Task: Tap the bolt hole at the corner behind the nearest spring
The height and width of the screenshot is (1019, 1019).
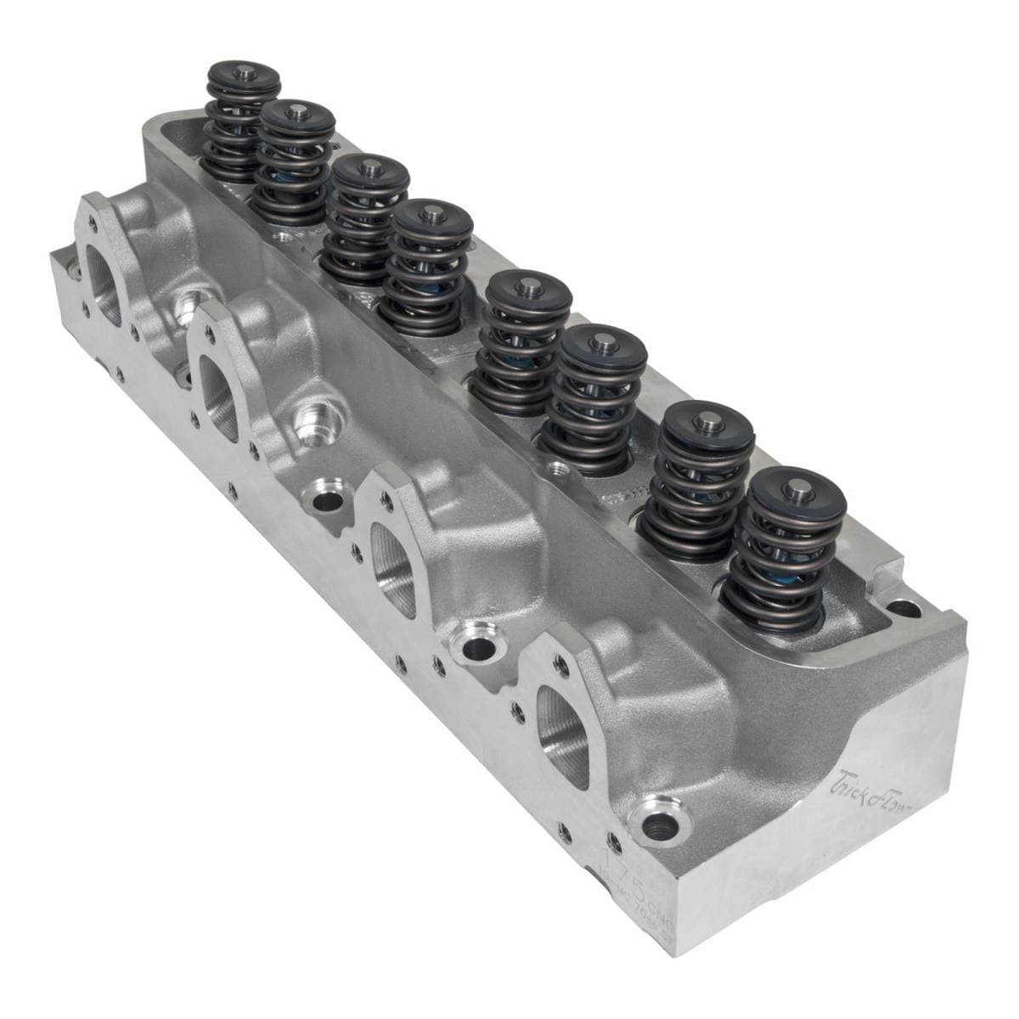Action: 905,608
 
